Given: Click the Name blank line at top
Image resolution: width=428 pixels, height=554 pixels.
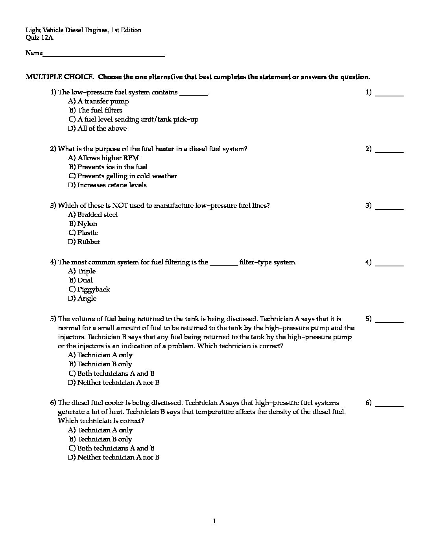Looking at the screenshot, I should coord(104,55).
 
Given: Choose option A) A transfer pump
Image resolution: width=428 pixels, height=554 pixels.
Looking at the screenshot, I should coord(98,102).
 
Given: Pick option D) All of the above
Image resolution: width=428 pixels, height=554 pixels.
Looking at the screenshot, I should coord(97,129).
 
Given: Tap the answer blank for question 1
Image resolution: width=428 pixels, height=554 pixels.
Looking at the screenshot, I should coord(389,95).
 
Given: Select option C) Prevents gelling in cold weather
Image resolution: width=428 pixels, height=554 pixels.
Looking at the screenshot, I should coord(122,176).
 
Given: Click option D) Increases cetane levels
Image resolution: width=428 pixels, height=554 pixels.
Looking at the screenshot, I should coord(107,185).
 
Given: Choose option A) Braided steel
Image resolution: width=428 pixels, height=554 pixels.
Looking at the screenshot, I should coord(93,215).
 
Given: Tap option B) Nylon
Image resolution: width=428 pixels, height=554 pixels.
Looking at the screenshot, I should coord(83,224).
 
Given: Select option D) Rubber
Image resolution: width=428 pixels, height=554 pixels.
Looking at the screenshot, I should coord(84,242).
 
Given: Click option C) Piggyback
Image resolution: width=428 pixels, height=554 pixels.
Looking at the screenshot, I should coord(89,290).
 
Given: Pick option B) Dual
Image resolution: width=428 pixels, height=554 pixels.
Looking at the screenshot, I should coord(81,281).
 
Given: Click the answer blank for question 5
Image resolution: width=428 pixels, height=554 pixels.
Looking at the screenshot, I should coord(389,321).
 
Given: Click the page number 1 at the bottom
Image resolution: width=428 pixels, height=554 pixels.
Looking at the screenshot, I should coord(214,522).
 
